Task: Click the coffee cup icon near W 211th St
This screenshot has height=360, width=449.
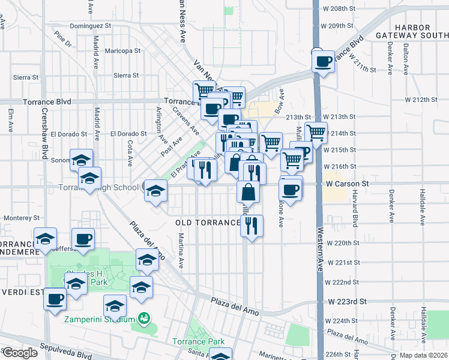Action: pyautogui.click(x=324, y=61)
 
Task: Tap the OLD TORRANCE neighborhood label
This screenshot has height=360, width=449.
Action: pyautogui.click(x=208, y=223)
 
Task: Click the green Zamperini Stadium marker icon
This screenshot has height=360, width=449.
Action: pyautogui.click(x=143, y=317)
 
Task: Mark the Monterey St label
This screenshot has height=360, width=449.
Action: pyautogui.click(x=21, y=218)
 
